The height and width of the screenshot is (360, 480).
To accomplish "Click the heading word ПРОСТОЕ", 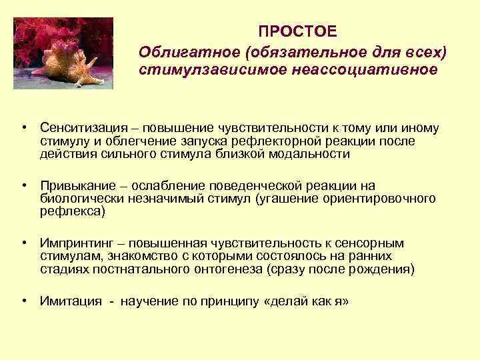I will (x=298, y=33).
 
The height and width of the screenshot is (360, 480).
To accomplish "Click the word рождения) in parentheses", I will (x=385, y=269).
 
